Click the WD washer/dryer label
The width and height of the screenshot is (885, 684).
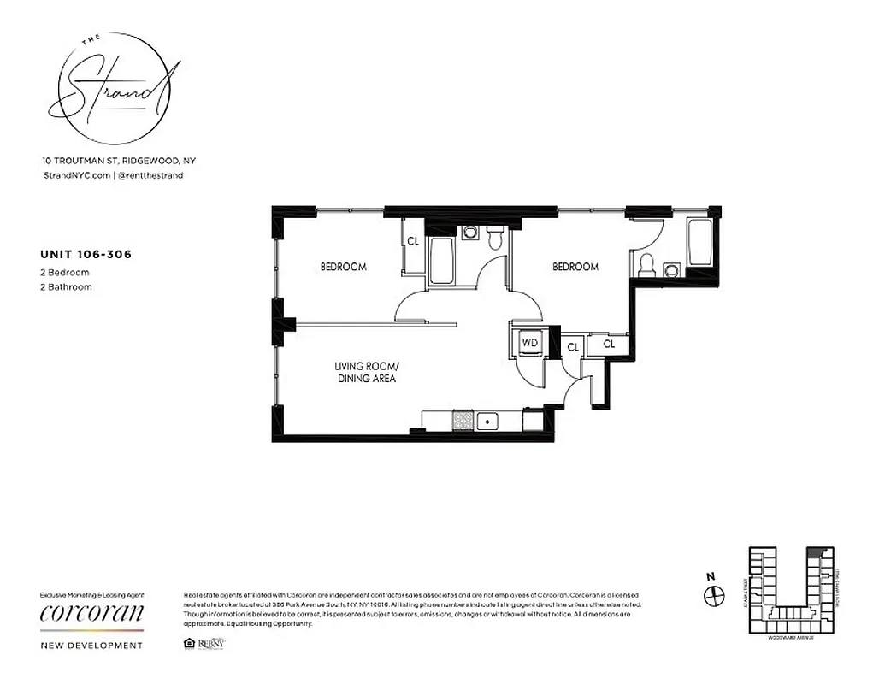(529, 343)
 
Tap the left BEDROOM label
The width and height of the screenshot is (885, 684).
(343, 267)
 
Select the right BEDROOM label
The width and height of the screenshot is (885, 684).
(575, 267)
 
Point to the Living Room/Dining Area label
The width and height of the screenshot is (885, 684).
(365, 372)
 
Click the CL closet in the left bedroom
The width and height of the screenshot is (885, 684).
(412, 242)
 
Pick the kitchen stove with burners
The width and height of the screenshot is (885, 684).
(463, 420)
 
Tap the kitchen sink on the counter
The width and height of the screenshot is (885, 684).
(488, 420)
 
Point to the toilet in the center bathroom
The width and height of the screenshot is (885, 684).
(495, 239)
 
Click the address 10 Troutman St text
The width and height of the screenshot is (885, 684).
(119, 160)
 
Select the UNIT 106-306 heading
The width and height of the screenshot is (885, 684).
(86, 253)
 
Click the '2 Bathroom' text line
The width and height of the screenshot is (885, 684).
(67, 287)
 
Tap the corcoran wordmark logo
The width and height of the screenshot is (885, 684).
(92, 615)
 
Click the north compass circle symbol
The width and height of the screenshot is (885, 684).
(713, 595)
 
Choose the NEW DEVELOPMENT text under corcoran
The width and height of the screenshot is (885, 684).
(92, 646)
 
